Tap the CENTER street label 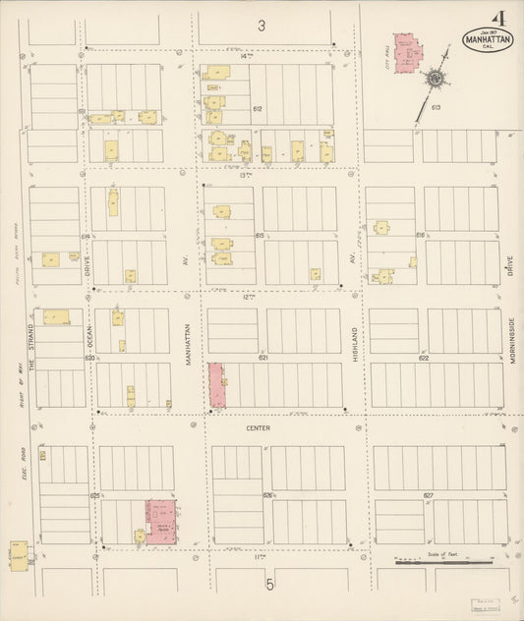[x=259, y=428]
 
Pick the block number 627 [x=427, y=495]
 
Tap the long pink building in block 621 [x=216, y=385]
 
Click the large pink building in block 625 [x=161, y=520]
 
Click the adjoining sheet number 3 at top [x=262, y=26]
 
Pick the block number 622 [x=424, y=359]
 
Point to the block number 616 [x=421, y=236]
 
